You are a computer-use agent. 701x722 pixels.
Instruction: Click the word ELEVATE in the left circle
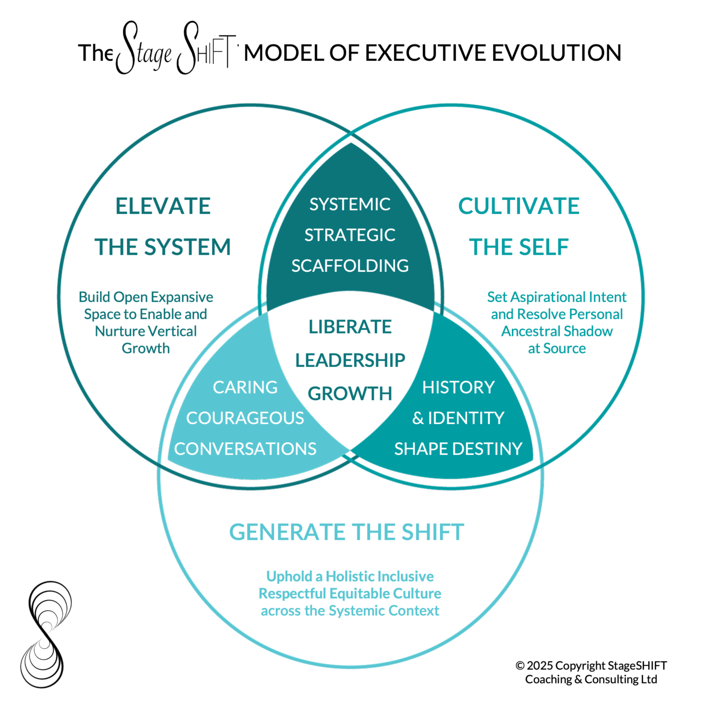[163, 206]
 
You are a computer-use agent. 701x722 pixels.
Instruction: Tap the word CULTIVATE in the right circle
[518, 206]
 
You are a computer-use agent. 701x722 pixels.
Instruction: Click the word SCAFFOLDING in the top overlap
[350, 266]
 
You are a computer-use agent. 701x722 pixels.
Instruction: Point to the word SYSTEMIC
[350, 205]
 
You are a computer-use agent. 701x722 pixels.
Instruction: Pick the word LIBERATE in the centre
[350, 327]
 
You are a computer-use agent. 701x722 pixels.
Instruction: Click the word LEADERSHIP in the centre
[350, 360]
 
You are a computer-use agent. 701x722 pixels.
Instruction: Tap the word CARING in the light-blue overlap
[245, 387]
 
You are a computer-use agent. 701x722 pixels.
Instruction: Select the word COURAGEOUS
[245, 418]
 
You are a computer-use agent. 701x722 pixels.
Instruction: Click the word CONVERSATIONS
[245, 449]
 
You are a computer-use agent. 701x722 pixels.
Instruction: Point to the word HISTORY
[458, 387]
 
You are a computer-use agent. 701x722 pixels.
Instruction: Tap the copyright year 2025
[539, 666]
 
